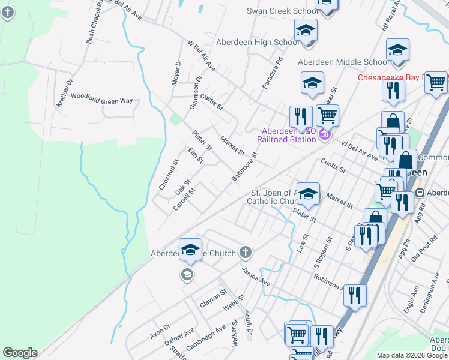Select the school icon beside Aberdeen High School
coord(306,31)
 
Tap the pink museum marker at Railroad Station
coord(325,135)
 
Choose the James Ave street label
coord(256,277)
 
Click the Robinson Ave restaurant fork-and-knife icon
coord(355,296)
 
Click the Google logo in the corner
coord(20,353)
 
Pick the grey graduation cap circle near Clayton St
coord(187,275)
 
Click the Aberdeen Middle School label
coord(344,62)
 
